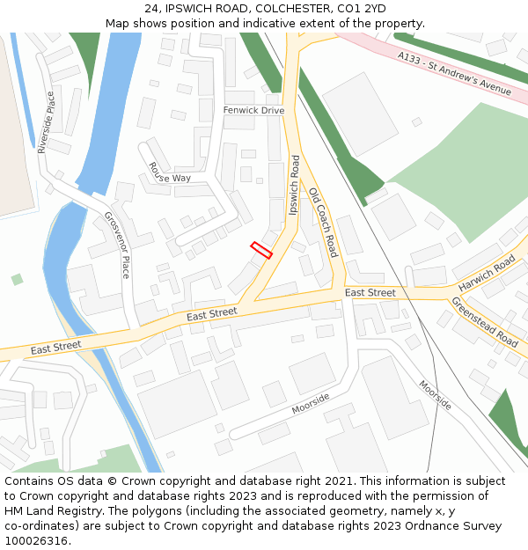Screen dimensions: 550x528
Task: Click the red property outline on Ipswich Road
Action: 261,250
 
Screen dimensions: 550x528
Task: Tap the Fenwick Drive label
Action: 253,111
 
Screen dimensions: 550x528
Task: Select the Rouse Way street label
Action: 170,172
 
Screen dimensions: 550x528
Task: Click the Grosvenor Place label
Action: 117,245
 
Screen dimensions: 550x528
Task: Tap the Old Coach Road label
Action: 322,219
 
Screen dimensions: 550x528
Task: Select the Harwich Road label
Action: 487,275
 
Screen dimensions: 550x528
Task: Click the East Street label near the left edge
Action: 55,348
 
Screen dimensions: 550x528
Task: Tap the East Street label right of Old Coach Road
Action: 370,292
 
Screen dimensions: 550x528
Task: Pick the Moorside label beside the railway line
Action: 435,395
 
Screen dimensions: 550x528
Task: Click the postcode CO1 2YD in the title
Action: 363,9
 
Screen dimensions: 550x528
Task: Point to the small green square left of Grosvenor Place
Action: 17,280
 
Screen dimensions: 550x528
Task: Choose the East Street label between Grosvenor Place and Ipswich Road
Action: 212,312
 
